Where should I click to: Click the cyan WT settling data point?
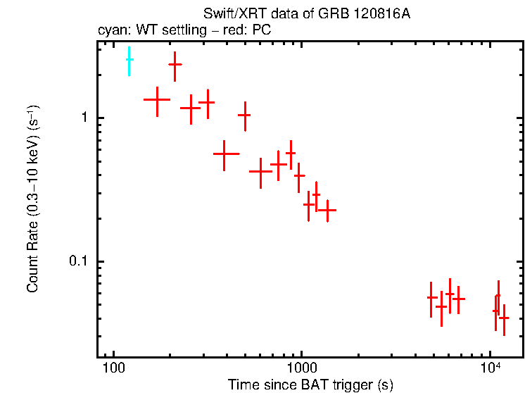click(x=129, y=61)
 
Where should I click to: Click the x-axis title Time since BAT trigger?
click(x=310, y=385)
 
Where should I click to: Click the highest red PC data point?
click(x=175, y=64)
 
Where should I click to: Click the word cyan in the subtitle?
click(x=111, y=30)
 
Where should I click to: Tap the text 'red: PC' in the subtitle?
click(x=251, y=30)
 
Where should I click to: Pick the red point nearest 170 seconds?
click(x=157, y=99)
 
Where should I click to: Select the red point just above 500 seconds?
click(x=244, y=115)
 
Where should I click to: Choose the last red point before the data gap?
click(x=327, y=210)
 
